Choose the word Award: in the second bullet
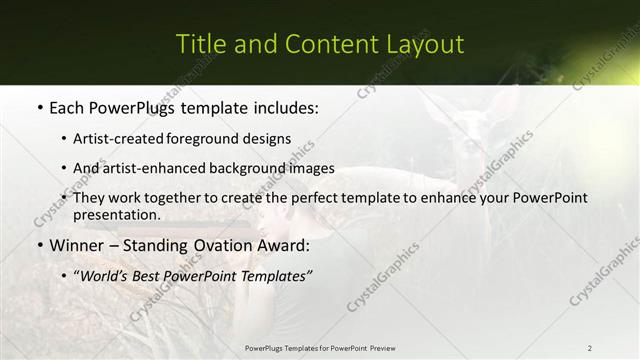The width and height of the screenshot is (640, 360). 282,245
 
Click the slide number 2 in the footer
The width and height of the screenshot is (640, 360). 589,347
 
